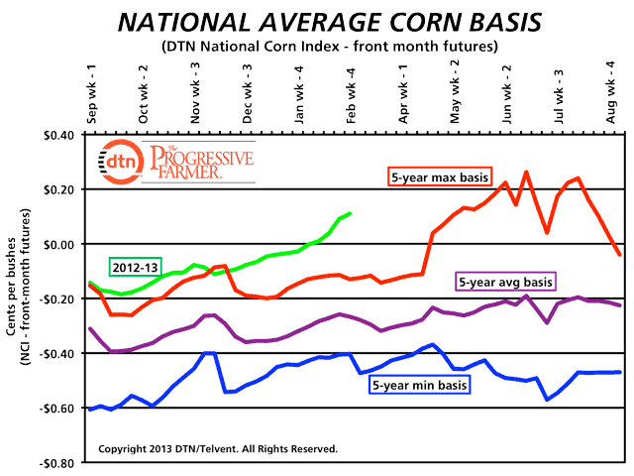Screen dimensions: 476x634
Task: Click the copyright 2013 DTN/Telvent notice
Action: click(x=218, y=449)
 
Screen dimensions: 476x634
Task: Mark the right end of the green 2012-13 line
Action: click(x=350, y=213)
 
